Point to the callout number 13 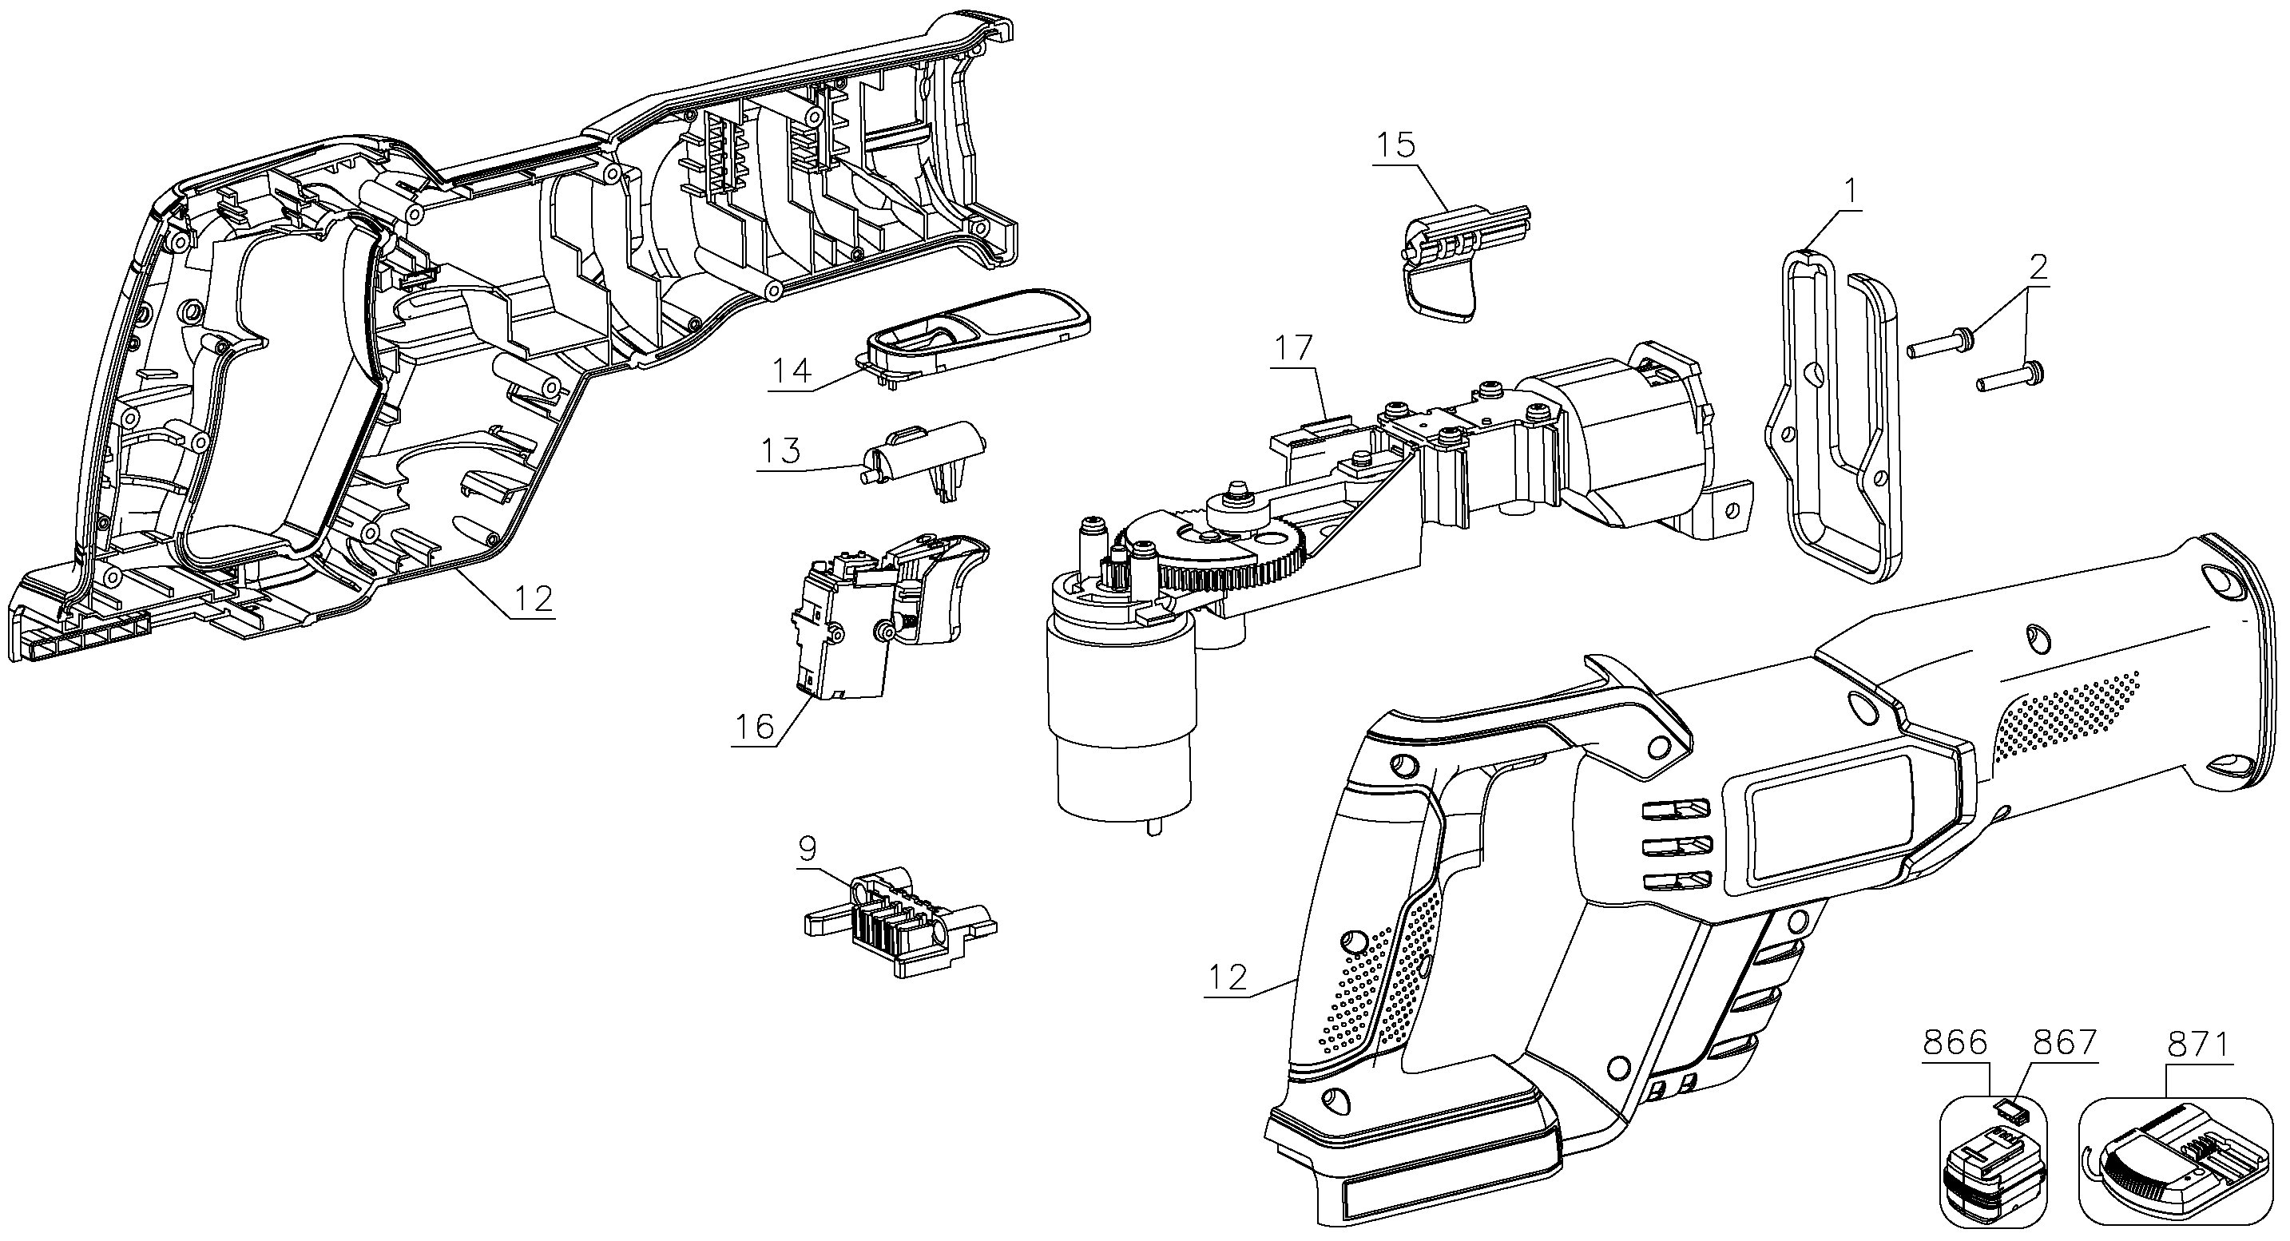[780, 450]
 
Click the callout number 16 [754, 726]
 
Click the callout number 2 [2038, 265]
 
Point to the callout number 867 [2065, 1043]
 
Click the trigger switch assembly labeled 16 [888, 614]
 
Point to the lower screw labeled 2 [2009, 377]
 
